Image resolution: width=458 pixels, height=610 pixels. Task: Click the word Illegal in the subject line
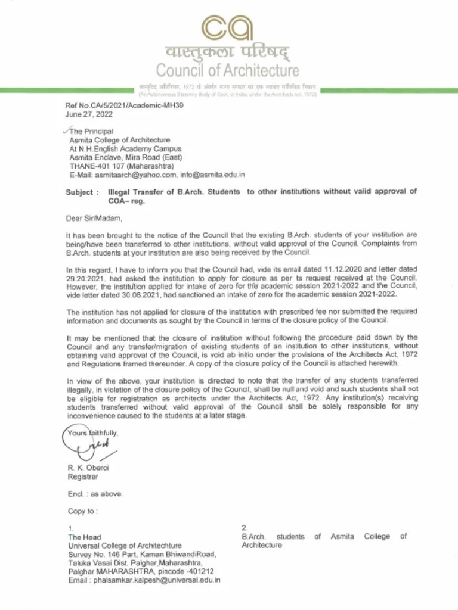[119, 192]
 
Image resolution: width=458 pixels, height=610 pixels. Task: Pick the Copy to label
[82, 511]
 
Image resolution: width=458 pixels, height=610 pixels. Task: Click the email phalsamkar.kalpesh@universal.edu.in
[152, 580]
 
